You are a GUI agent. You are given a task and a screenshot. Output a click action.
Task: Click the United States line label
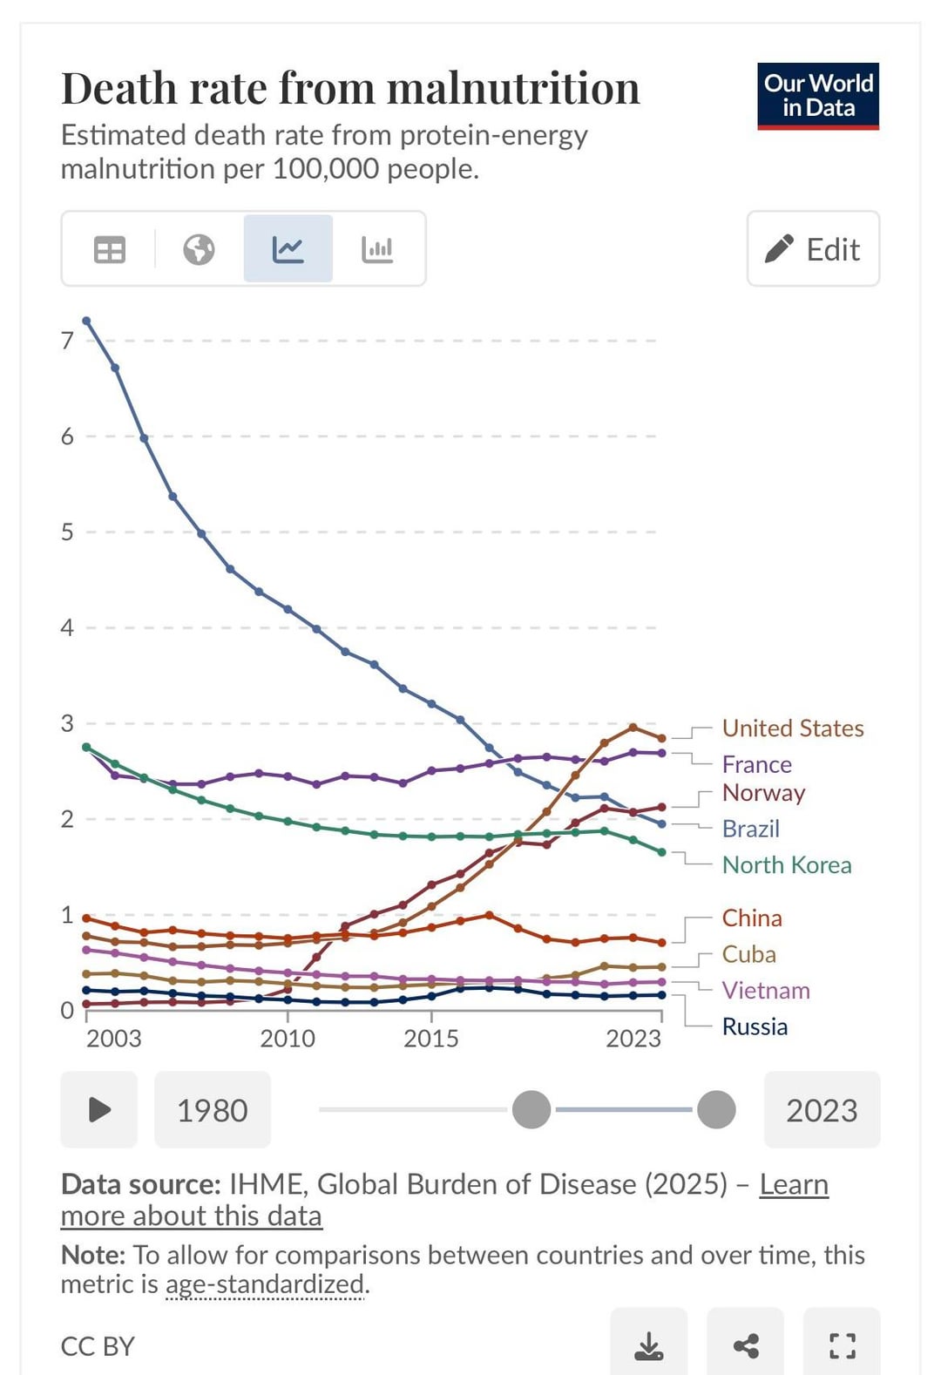[x=792, y=728]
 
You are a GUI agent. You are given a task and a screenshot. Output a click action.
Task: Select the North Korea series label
[x=786, y=865]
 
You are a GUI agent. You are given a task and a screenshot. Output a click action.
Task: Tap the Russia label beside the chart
[x=755, y=1026]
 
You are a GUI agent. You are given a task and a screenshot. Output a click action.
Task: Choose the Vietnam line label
[x=766, y=991]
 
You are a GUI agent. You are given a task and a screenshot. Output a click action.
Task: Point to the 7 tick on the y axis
[x=67, y=341]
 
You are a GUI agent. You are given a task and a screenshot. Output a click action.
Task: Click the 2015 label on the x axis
[x=430, y=1039]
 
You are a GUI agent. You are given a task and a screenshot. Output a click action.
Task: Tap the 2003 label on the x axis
[x=113, y=1039]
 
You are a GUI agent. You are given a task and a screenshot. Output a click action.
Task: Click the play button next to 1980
[x=99, y=1110]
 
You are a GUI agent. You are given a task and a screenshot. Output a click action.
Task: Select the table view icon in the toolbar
[x=110, y=250]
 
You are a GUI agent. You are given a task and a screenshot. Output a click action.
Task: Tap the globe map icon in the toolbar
[x=199, y=250]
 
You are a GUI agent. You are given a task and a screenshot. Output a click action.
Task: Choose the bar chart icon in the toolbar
[x=377, y=250]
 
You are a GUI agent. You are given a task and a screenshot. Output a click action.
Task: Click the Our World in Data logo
[x=817, y=96]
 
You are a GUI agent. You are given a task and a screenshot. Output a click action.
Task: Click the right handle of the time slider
[x=716, y=1110]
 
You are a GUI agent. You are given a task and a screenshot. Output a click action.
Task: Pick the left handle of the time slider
[x=531, y=1110]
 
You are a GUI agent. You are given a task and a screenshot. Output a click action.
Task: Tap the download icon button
[x=648, y=1345]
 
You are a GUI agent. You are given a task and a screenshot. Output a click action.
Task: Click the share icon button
[x=745, y=1345]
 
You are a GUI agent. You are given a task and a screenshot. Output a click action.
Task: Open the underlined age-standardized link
[x=266, y=1284]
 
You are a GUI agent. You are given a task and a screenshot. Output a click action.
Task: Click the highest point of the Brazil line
[x=86, y=321]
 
